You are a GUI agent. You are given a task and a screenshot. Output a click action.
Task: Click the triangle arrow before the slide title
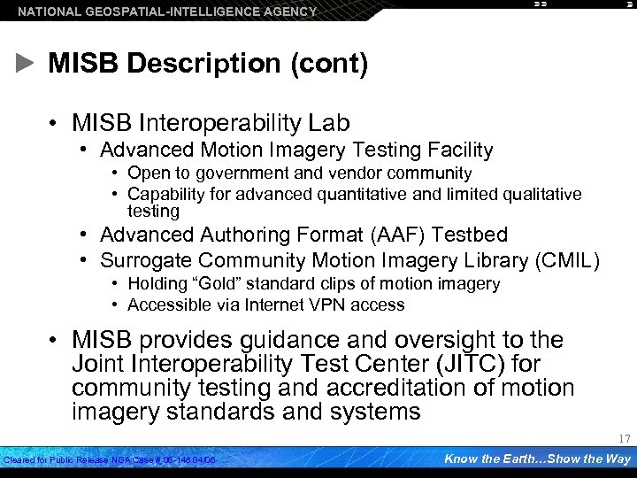click(x=27, y=64)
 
